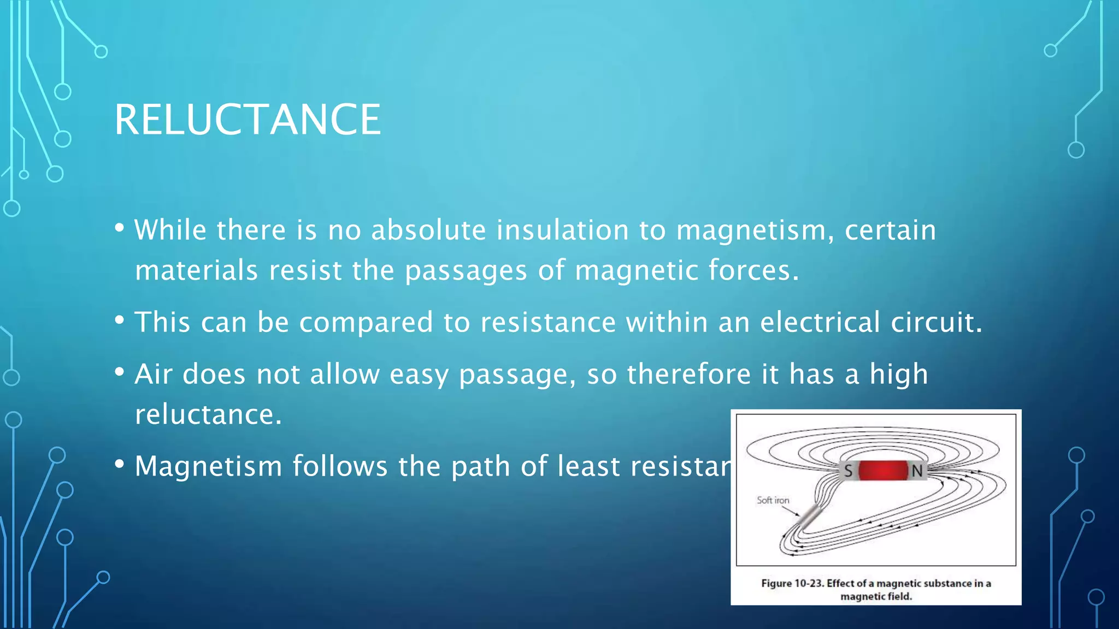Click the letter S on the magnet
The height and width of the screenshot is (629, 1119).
[x=848, y=471]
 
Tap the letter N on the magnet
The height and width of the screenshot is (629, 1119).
[x=917, y=471]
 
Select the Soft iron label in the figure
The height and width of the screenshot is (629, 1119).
[x=773, y=500]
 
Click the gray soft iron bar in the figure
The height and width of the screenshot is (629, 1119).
[x=810, y=516]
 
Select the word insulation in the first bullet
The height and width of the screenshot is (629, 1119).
[x=562, y=230]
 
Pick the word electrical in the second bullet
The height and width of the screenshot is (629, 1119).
[x=820, y=322]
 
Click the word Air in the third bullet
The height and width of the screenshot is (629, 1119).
[x=154, y=374]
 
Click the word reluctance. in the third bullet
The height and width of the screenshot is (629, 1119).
[x=208, y=414]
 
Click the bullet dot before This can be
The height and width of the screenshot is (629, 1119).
[x=120, y=321]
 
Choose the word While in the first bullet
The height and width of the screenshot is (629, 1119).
[x=170, y=230]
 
